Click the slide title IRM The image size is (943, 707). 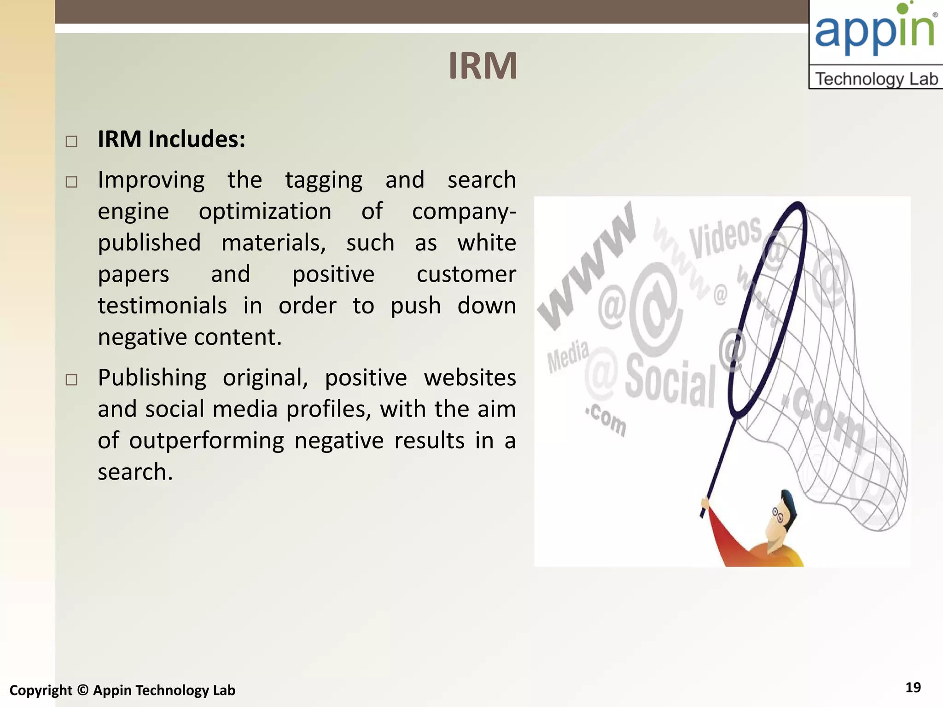click(x=483, y=66)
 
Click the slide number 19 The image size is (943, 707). click(x=913, y=688)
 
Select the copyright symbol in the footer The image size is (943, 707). click(x=82, y=690)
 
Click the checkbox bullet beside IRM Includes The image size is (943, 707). click(x=71, y=141)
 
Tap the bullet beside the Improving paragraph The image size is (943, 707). click(x=71, y=182)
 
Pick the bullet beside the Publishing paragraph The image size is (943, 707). click(x=71, y=380)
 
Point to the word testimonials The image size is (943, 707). click(x=162, y=306)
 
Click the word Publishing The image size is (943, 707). click(x=152, y=378)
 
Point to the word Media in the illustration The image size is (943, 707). click(x=567, y=356)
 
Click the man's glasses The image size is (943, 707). click(x=777, y=515)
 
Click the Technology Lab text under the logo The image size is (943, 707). click(x=876, y=79)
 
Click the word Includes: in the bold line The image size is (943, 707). click(x=197, y=139)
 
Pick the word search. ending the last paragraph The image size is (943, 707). click(x=135, y=472)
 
